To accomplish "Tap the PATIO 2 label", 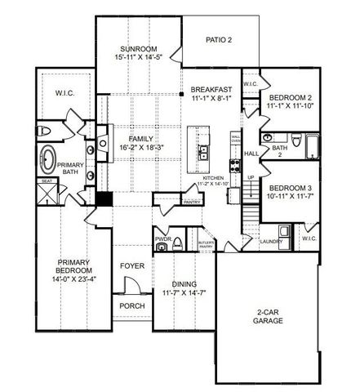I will [x=219, y=39].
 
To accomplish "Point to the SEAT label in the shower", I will [x=47, y=182].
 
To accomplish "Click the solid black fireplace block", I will [x=103, y=198].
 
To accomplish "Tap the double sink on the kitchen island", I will [x=200, y=150].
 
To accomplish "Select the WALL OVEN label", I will [x=235, y=139].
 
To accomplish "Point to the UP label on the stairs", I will [x=251, y=176].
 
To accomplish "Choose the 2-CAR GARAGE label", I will [x=268, y=316].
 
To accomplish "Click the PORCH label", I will [x=132, y=305].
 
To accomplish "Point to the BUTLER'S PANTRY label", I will [x=205, y=244].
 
